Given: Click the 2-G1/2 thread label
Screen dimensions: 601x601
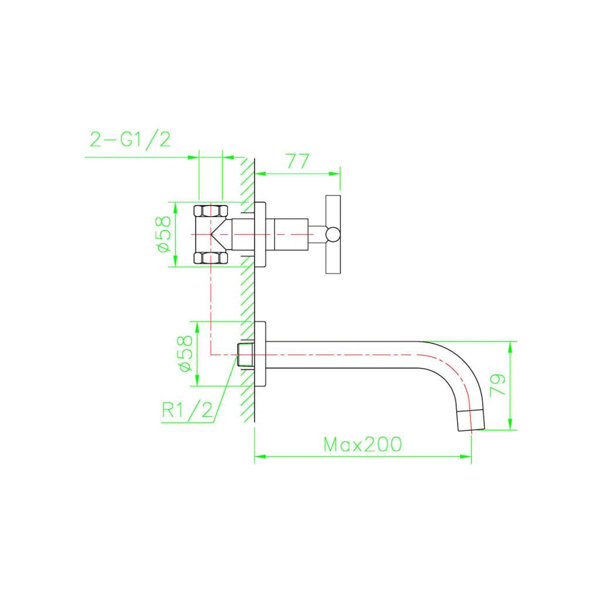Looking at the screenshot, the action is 130,140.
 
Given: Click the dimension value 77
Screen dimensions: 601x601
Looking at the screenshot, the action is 298,161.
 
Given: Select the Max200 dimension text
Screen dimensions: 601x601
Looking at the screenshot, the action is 363,445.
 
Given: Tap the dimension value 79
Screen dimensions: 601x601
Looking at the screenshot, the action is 498,385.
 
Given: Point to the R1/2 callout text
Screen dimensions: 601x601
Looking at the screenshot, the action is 187,410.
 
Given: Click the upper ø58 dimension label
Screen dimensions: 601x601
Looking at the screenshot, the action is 164,234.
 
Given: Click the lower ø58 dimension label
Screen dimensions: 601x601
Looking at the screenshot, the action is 186,353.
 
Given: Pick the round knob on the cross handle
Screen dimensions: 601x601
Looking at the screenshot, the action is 333,235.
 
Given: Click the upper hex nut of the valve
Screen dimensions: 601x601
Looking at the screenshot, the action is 211,211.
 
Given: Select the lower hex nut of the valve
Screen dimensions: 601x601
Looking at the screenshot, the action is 211,258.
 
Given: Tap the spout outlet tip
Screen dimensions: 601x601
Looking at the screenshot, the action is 471,420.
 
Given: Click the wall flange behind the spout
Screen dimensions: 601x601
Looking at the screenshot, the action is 260,354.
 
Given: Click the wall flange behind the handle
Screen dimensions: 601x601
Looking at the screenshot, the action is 260,234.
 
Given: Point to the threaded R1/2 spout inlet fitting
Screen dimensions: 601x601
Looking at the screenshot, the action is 245,354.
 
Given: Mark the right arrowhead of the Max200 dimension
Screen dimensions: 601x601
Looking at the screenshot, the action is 465,457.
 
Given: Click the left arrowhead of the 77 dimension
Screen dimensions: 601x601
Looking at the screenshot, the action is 261,174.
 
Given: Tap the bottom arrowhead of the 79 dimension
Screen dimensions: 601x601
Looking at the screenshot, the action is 510,424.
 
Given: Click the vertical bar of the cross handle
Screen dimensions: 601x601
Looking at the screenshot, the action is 333,235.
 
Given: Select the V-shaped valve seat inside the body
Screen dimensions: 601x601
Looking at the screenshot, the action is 221,234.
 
